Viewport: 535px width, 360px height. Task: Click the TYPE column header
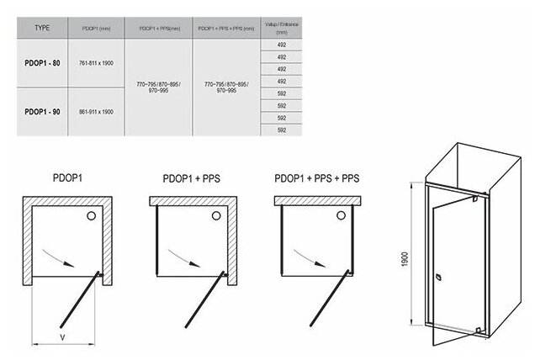click(x=41, y=27)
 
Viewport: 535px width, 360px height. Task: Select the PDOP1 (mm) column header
click(x=95, y=27)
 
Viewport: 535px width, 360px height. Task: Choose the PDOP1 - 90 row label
click(x=42, y=110)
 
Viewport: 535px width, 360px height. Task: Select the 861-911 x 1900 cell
click(x=95, y=110)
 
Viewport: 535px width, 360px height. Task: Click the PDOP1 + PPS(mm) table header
click(x=158, y=27)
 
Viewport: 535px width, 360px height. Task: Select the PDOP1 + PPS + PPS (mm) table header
click(x=226, y=27)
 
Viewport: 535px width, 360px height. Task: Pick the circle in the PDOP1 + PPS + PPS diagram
click(x=341, y=216)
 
